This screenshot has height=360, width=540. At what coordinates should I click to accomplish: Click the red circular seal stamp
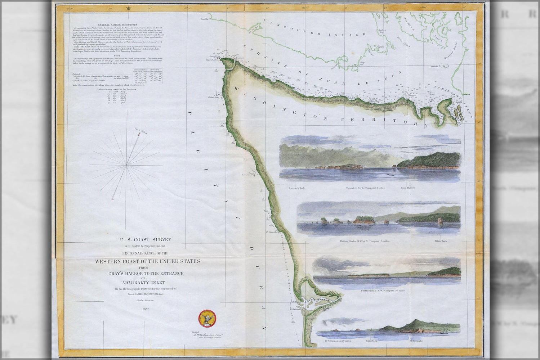click(x=207, y=319)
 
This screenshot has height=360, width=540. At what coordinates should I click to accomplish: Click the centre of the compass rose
click(x=126, y=166)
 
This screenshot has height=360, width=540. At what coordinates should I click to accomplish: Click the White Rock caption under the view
click(x=440, y=241)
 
